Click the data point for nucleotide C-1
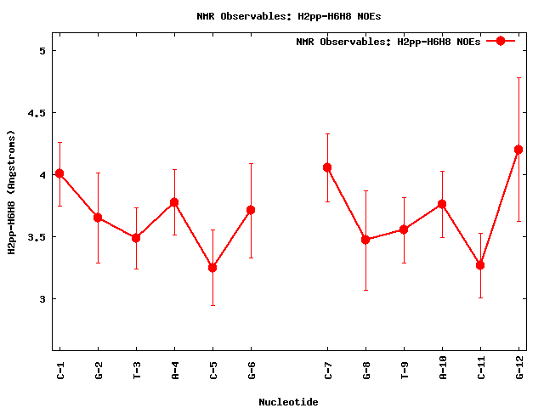59,173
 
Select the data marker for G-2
98,218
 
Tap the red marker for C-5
212,268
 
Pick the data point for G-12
518,150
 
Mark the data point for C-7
327,167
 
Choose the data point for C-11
480,265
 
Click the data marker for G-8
365,240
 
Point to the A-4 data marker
174,202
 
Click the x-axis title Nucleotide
288,401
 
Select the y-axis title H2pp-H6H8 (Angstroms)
12,192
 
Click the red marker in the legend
501,41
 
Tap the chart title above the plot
288,16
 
